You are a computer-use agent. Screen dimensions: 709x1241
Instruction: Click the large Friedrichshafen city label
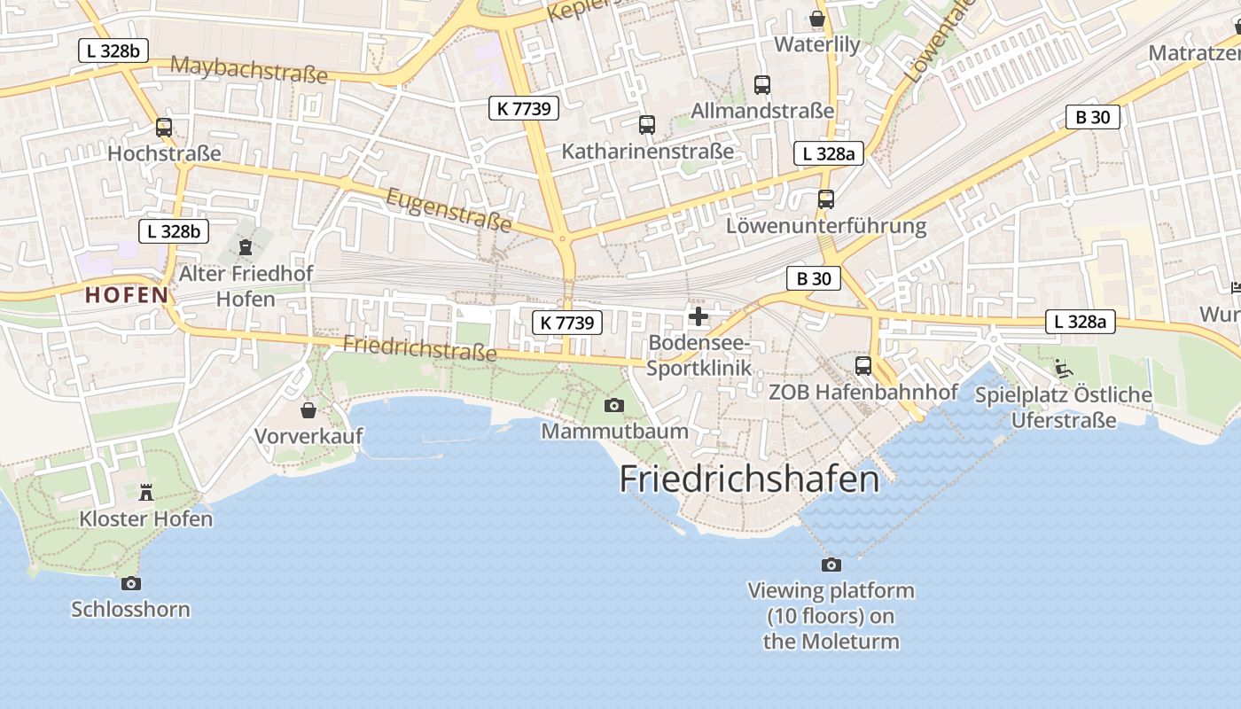tap(749, 479)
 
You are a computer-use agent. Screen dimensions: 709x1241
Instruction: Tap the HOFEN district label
tap(127, 295)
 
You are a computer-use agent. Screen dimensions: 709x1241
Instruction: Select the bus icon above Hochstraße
tap(164, 128)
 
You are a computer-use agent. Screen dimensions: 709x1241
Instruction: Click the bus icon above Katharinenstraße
tap(647, 125)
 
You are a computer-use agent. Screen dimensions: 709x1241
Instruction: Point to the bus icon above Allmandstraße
tap(762, 85)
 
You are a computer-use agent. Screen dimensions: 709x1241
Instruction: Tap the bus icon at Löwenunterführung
tap(826, 199)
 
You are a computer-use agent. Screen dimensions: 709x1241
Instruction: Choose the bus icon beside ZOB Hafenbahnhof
tap(863, 365)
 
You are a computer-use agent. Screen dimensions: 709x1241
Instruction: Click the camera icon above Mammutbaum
tap(613, 406)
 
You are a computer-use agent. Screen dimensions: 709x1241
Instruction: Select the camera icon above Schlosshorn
tap(131, 583)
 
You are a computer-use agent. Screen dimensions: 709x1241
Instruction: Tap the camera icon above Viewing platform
tap(831, 565)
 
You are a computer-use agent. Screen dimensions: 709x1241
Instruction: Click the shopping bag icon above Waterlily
tap(817, 19)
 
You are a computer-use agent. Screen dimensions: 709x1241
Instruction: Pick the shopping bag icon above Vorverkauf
tap(308, 410)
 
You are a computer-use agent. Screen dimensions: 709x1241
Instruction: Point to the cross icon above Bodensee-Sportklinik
tap(699, 316)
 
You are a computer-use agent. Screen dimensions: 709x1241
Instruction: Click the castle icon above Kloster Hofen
tap(146, 492)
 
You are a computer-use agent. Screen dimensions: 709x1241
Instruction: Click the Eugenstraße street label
tap(449, 209)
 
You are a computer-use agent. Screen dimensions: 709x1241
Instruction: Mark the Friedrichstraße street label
tap(420, 347)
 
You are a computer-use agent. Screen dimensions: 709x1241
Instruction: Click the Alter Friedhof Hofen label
tap(246, 285)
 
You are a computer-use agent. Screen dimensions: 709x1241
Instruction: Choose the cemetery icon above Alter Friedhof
tap(246, 246)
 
